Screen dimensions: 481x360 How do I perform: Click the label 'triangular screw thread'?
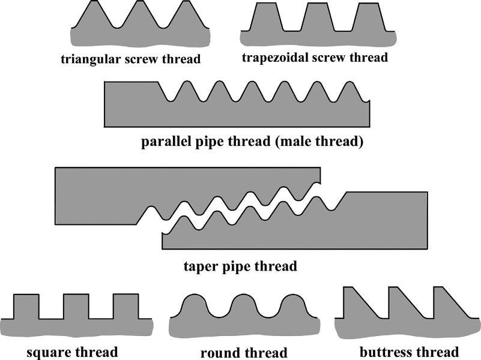[131, 59]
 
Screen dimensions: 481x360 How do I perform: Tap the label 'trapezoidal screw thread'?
[315, 58]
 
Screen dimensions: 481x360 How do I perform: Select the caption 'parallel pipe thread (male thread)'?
[252, 143]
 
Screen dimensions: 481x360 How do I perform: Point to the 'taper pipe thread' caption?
[240, 266]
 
